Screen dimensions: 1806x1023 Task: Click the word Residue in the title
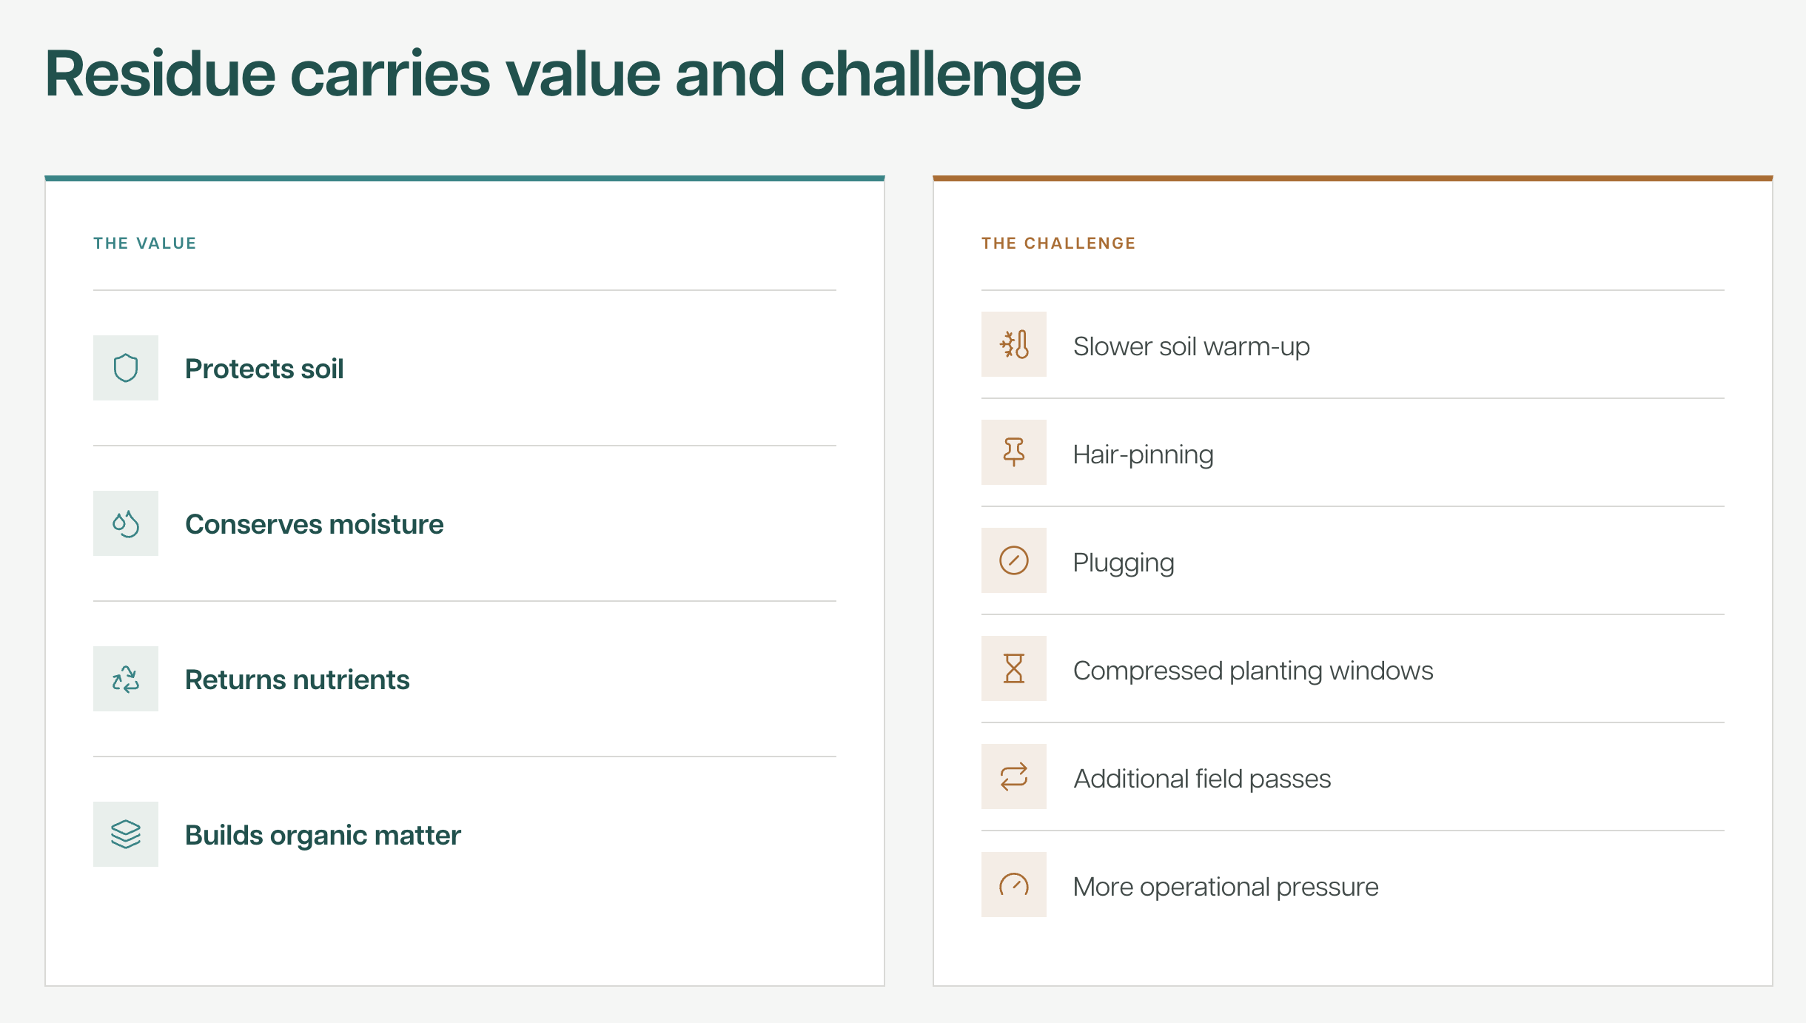(x=161, y=74)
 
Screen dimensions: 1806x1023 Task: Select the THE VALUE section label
(x=145, y=244)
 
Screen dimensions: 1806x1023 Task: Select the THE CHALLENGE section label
(x=1058, y=244)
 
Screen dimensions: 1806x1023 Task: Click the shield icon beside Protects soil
(x=126, y=368)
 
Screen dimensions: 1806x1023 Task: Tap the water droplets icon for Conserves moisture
(x=126, y=523)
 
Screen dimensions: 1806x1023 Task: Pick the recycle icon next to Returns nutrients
(x=126, y=679)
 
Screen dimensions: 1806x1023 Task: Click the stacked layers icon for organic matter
(x=126, y=834)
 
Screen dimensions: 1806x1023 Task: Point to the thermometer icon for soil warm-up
(x=1014, y=344)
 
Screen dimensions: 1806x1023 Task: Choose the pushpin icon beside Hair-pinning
(x=1014, y=452)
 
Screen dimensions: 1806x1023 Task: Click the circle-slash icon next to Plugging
(x=1014, y=560)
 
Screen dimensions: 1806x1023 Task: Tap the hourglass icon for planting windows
(x=1014, y=668)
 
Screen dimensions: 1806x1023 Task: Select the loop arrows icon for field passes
(x=1014, y=777)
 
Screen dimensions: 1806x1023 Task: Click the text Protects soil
(x=264, y=369)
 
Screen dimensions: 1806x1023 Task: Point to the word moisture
(x=386, y=524)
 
